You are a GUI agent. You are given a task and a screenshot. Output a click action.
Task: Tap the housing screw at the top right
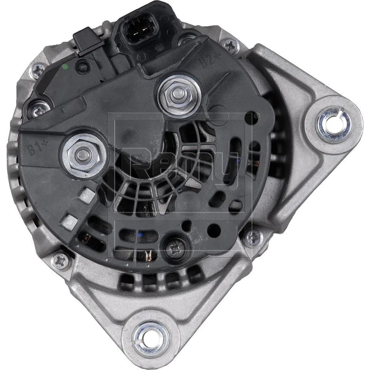(230, 45)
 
